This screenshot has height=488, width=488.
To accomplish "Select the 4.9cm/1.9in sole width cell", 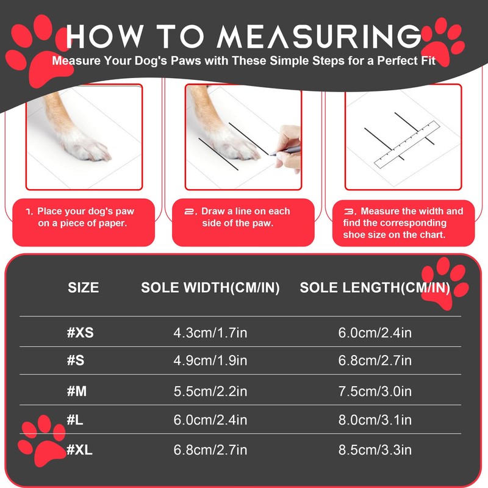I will (210, 361).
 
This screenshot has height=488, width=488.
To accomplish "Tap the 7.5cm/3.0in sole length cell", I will (375, 391).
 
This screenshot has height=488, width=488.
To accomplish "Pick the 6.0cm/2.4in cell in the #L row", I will (210, 420).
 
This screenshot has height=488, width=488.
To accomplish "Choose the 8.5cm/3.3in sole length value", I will (375, 450).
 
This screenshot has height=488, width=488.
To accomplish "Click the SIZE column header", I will (83, 288).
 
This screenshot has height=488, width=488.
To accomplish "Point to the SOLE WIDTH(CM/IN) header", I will (210, 288).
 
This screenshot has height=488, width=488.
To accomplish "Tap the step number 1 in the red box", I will (29, 212).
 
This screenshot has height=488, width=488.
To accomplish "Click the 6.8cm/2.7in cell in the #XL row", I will (210, 450).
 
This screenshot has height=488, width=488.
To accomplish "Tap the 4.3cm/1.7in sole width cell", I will (210, 334).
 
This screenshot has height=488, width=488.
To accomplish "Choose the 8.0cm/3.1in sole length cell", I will (375, 420).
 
